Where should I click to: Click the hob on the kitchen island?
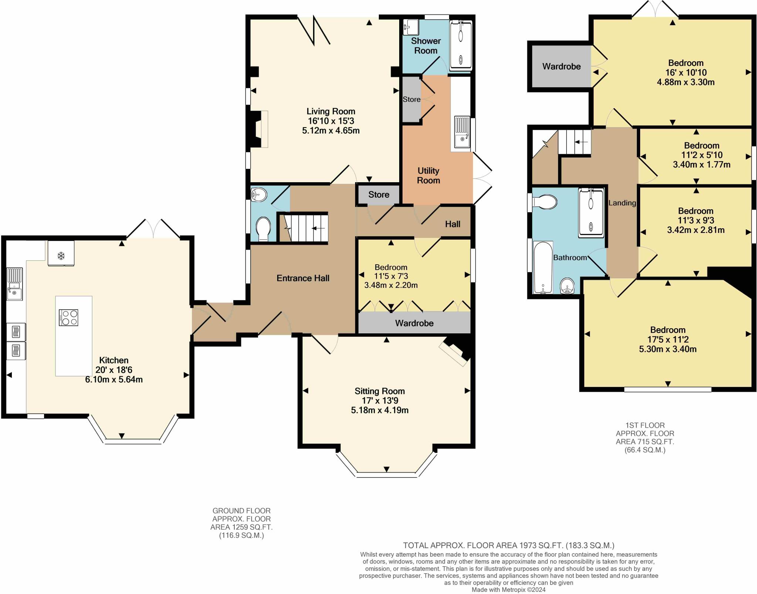pyautogui.click(x=68, y=318)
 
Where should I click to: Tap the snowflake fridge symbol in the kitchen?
pyautogui.click(x=61, y=255)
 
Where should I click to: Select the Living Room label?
pyautogui.click(x=330, y=111)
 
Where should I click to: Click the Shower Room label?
pyautogui.click(x=425, y=45)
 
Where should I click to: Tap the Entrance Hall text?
pyautogui.click(x=303, y=278)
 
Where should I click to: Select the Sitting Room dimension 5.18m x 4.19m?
pyautogui.click(x=380, y=410)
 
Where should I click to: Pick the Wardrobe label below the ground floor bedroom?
pyautogui.click(x=414, y=323)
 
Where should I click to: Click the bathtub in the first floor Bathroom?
pyautogui.click(x=543, y=268)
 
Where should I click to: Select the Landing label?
pyautogui.click(x=622, y=203)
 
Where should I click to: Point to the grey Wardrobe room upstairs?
pyautogui.click(x=561, y=67)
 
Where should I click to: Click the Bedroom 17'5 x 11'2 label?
pyautogui.click(x=668, y=330)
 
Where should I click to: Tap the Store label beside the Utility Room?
pyautogui.click(x=411, y=99)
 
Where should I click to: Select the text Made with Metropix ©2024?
pyautogui.click(x=508, y=590)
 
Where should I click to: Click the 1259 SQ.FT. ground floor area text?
pyautogui.click(x=241, y=527)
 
